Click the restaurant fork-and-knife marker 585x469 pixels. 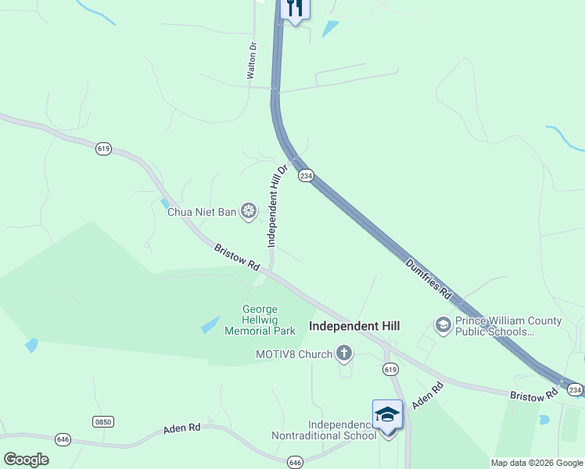point(294,9)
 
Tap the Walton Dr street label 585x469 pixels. point(252,61)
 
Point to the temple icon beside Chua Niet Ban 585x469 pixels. point(249,210)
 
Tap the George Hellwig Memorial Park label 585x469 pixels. point(260,320)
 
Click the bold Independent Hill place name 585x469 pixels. point(354,325)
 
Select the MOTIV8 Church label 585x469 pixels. point(294,354)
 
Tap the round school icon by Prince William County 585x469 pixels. point(443,324)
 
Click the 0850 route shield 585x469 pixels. point(103,421)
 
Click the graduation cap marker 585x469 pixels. point(387,414)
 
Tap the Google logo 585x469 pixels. point(27,460)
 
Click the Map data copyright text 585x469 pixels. point(537,463)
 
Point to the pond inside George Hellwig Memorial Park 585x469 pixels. point(210,324)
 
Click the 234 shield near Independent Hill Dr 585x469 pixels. point(306,176)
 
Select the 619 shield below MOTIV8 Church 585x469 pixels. point(390,369)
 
